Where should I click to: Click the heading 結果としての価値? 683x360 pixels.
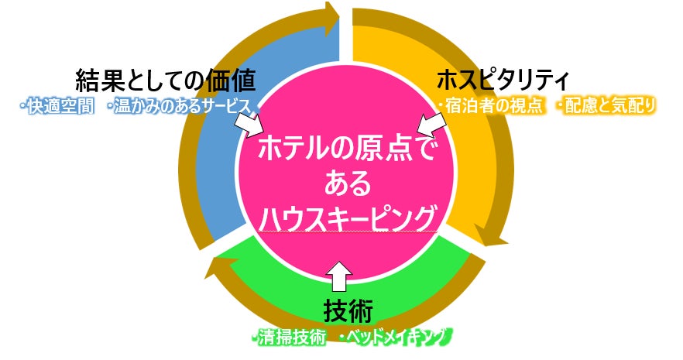point(165,80)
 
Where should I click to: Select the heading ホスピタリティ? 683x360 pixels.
point(503,80)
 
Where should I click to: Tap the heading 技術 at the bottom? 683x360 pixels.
point(348,311)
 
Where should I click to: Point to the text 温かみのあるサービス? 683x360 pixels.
point(181,105)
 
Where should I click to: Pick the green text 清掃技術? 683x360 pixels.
point(289,337)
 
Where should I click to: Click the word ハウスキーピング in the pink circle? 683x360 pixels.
point(346,219)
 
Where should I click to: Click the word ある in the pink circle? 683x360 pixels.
point(346,183)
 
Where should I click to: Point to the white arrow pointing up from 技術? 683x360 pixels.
point(339,273)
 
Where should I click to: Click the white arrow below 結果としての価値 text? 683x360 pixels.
point(249,122)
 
